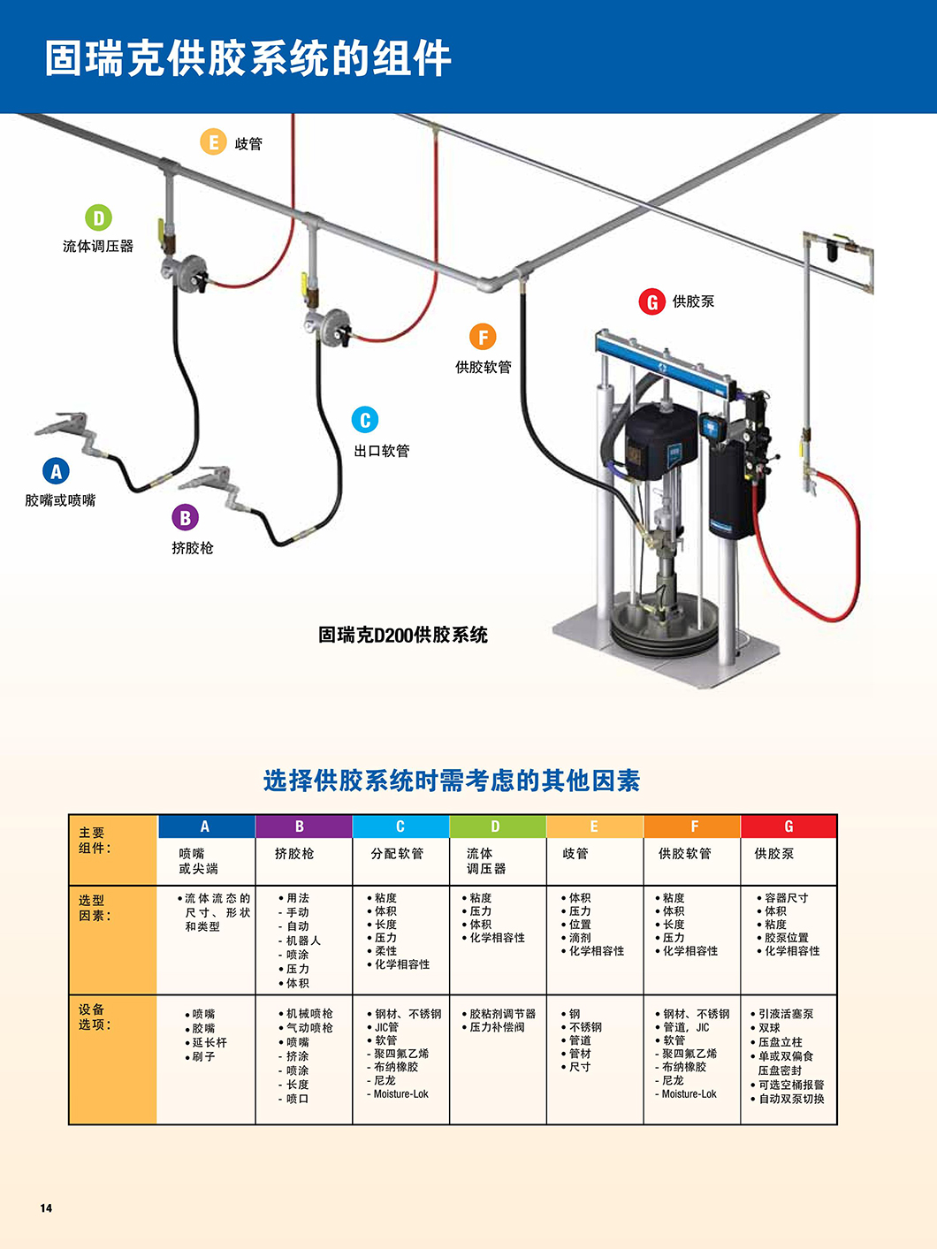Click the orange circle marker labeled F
pos(483,337)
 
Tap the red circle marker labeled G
pos(652,301)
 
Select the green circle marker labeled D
pos(98,217)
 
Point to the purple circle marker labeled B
pos(186,517)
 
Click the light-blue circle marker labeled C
pos(365,420)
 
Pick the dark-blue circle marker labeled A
pos(56,470)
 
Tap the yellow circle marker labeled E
pos(213,141)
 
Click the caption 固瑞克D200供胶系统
pos(403,635)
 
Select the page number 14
pos(46,1208)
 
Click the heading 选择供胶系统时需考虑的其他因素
pos(452,781)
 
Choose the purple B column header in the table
pos(304,826)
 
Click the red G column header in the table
pos(788,826)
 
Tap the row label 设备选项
pos(92,1017)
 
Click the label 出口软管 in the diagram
pos(382,451)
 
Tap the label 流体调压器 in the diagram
pos(98,246)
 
